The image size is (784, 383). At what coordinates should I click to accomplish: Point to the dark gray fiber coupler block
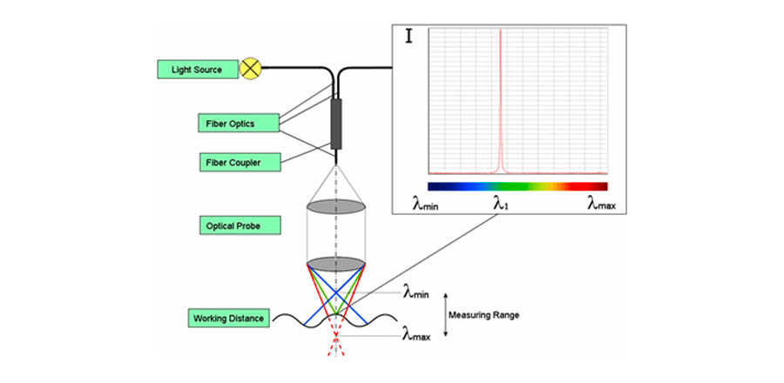(336, 124)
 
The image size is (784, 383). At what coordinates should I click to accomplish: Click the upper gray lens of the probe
(336, 207)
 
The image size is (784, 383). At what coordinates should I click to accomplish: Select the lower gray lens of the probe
(336, 263)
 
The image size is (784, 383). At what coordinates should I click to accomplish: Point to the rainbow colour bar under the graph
(517, 185)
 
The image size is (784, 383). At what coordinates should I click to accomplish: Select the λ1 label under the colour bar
(501, 205)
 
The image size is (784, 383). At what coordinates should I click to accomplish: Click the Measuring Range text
(484, 315)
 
